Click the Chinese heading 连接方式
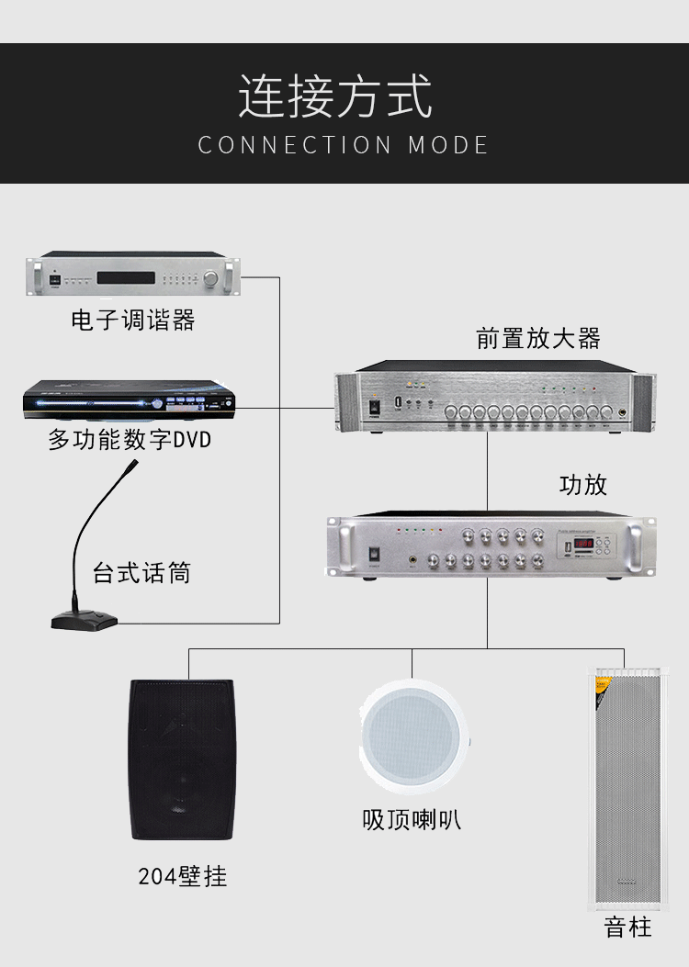pos(335,97)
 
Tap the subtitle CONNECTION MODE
pos(344,145)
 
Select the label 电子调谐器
pos(133,320)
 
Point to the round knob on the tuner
pos(214,276)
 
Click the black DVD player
pos(129,401)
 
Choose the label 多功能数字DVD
pos(130,440)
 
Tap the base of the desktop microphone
pos(85,621)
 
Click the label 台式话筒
pos(141,574)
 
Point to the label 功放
pos(583,484)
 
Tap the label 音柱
pos(627,928)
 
